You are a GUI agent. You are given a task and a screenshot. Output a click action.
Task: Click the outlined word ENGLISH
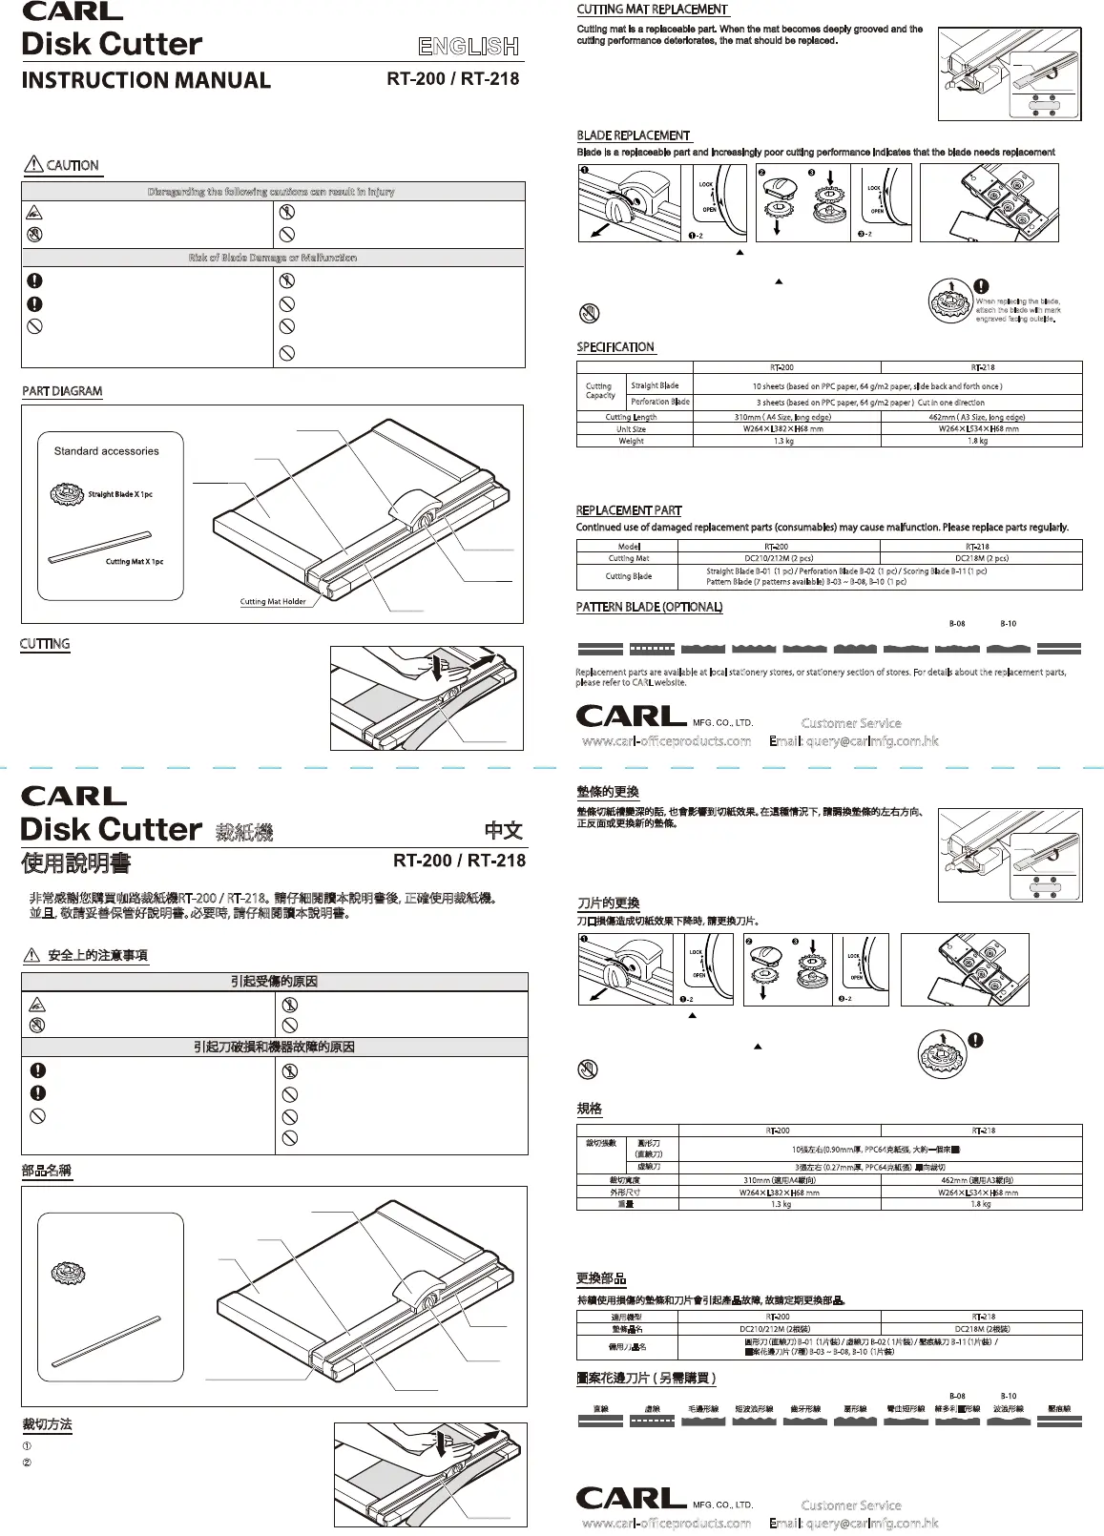click(469, 46)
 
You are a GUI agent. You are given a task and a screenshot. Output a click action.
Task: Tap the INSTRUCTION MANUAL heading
click(146, 80)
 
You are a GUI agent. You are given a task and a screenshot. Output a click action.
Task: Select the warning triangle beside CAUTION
click(32, 165)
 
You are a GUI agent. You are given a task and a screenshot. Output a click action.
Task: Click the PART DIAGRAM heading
click(62, 391)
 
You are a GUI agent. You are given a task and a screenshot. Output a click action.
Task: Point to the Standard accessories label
click(106, 451)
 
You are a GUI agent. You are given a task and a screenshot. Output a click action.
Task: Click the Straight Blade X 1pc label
click(120, 494)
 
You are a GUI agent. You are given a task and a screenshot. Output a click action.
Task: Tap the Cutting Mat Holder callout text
click(273, 602)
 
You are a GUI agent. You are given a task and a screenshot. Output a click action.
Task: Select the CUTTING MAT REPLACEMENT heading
click(653, 10)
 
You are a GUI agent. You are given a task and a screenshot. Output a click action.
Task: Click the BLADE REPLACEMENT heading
click(634, 135)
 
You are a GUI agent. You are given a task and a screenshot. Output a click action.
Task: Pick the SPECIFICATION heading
click(615, 347)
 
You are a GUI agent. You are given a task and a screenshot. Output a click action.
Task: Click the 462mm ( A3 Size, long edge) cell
click(976, 417)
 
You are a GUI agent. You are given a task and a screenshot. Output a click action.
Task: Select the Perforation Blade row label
click(660, 402)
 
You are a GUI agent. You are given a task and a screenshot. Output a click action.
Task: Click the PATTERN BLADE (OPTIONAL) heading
click(649, 607)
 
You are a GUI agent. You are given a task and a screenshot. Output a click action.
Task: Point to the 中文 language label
click(503, 830)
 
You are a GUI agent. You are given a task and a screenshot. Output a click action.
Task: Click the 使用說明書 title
click(76, 862)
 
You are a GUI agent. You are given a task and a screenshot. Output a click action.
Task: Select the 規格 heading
click(590, 1109)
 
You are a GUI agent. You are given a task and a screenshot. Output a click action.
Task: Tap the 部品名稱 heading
click(47, 1171)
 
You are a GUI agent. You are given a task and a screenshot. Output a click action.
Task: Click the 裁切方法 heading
click(47, 1424)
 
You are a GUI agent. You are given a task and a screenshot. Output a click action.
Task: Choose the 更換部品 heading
click(601, 1278)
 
